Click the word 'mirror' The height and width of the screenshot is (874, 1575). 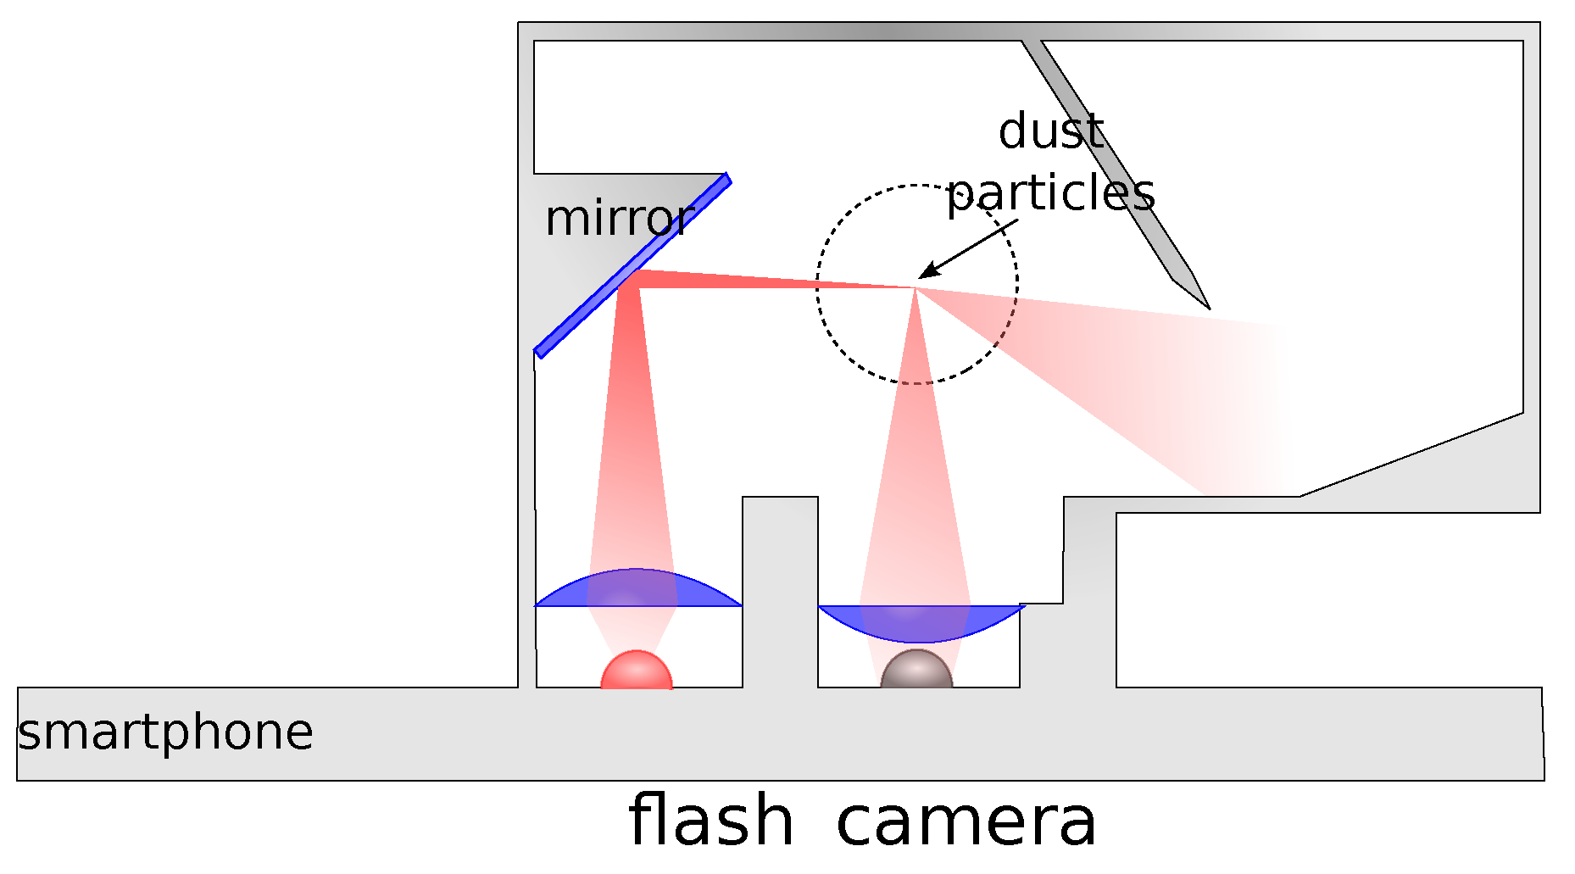click(619, 220)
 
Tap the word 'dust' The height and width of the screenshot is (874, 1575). click(1050, 133)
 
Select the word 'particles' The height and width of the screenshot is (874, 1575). click(1050, 194)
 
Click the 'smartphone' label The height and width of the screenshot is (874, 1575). click(165, 732)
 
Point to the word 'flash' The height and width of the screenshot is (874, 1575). click(710, 821)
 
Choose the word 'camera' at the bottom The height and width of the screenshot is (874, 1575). click(966, 821)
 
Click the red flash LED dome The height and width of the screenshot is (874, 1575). click(637, 671)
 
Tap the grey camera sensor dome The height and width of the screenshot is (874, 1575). click(916, 671)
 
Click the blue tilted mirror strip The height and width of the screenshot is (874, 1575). click(632, 265)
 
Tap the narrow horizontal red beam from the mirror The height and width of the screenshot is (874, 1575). click(763, 281)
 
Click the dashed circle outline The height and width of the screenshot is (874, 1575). click(817, 284)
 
